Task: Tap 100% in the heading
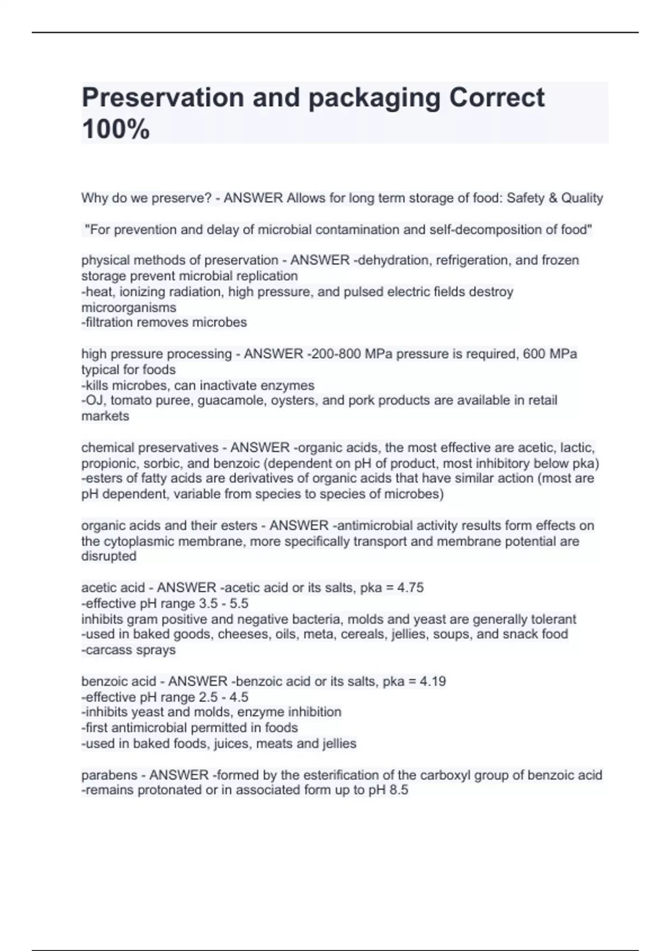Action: point(116,129)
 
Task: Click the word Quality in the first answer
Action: point(582,198)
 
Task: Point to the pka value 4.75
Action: point(410,587)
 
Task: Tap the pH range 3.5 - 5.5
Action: point(224,604)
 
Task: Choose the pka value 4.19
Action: point(433,681)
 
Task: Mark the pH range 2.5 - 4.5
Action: point(224,697)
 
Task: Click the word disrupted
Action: point(109,556)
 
